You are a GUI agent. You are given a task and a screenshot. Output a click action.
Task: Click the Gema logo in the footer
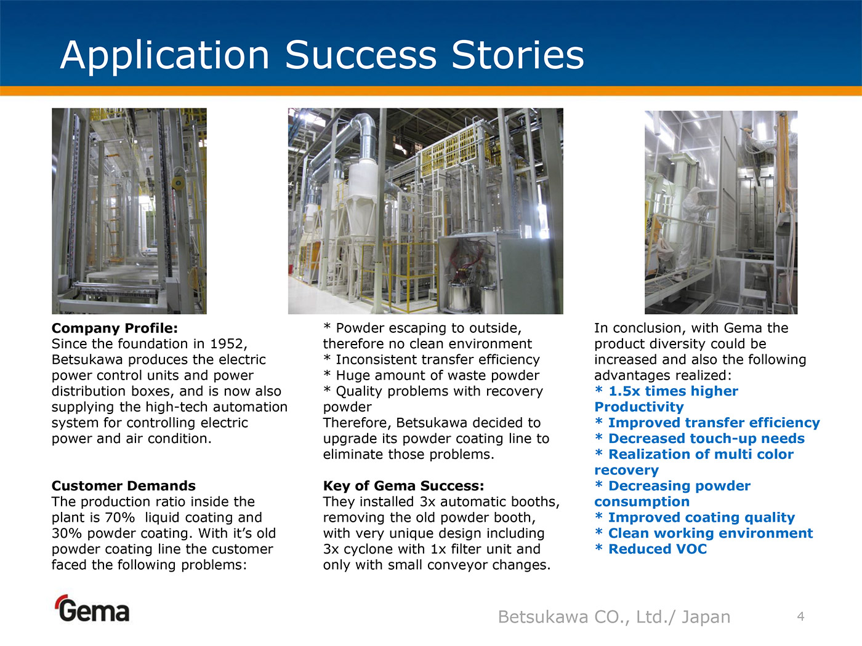coord(92,608)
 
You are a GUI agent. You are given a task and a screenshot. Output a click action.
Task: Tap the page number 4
coord(801,616)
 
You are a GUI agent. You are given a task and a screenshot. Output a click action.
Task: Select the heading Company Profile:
coord(115,328)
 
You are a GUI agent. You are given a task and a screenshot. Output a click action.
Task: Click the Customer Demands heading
coord(123,485)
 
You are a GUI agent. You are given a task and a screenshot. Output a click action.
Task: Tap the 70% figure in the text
coord(120,517)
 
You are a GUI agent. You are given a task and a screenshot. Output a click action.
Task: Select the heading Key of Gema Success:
coord(403,485)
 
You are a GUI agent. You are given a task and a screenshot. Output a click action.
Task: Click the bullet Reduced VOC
coord(651,549)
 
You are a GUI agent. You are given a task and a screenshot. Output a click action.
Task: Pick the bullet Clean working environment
coord(704,533)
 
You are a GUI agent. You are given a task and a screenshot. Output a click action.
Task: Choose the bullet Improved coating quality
coord(695,518)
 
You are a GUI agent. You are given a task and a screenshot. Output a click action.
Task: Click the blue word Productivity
coord(639,407)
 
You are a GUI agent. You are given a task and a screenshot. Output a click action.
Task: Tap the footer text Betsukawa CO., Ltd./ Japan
coord(614,616)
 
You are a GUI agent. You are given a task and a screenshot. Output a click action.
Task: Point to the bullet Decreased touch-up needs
coord(699,439)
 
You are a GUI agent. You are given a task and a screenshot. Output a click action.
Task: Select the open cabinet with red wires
coord(469,271)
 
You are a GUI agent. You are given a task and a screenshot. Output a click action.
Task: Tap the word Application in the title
coord(164,56)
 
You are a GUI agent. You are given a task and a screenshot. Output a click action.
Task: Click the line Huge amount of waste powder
coord(431,375)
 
